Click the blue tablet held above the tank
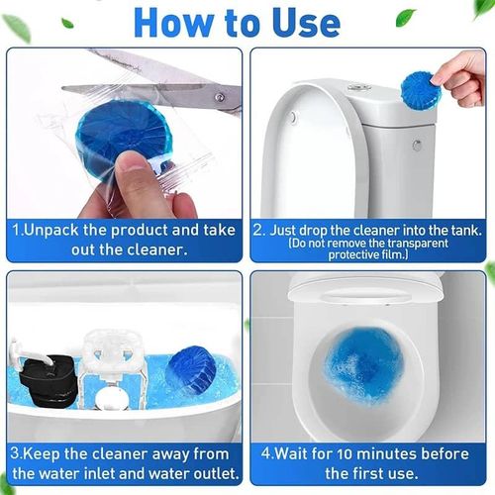pos(423,89)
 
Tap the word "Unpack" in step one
pos(57,230)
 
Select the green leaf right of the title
pos(406,17)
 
